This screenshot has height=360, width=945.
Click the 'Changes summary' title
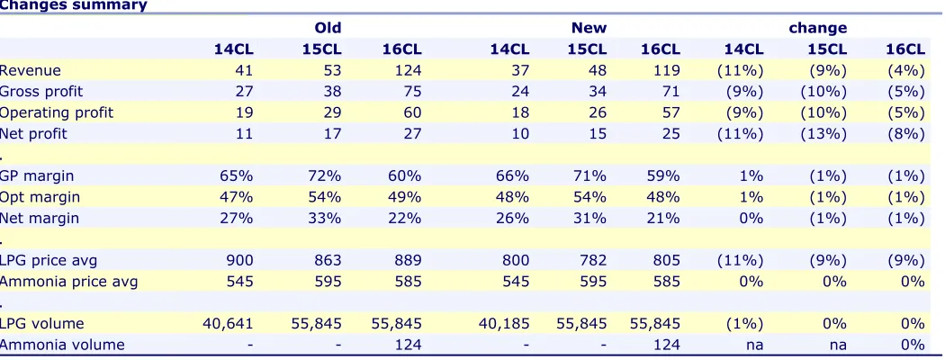(x=74, y=5)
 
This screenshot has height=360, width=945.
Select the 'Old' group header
(x=328, y=28)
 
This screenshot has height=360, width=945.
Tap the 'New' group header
(x=589, y=28)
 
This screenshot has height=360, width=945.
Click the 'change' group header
(x=818, y=28)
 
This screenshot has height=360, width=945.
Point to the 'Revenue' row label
(x=30, y=70)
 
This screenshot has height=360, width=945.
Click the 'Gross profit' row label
(x=41, y=92)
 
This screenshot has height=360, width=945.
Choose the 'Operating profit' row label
(x=57, y=112)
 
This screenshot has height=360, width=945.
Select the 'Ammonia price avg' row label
(x=68, y=282)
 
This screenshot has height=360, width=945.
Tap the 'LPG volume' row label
(x=42, y=324)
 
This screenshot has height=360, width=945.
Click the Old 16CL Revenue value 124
(x=402, y=70)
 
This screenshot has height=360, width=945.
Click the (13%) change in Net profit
(x=823, y=134)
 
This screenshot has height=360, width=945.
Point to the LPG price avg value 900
(x=240, y=260)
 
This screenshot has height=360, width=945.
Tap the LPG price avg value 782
(x=593, y=260)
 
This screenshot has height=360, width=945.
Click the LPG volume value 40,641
(x=228, y=324)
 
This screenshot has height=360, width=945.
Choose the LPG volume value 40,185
(x=504, y=324)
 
